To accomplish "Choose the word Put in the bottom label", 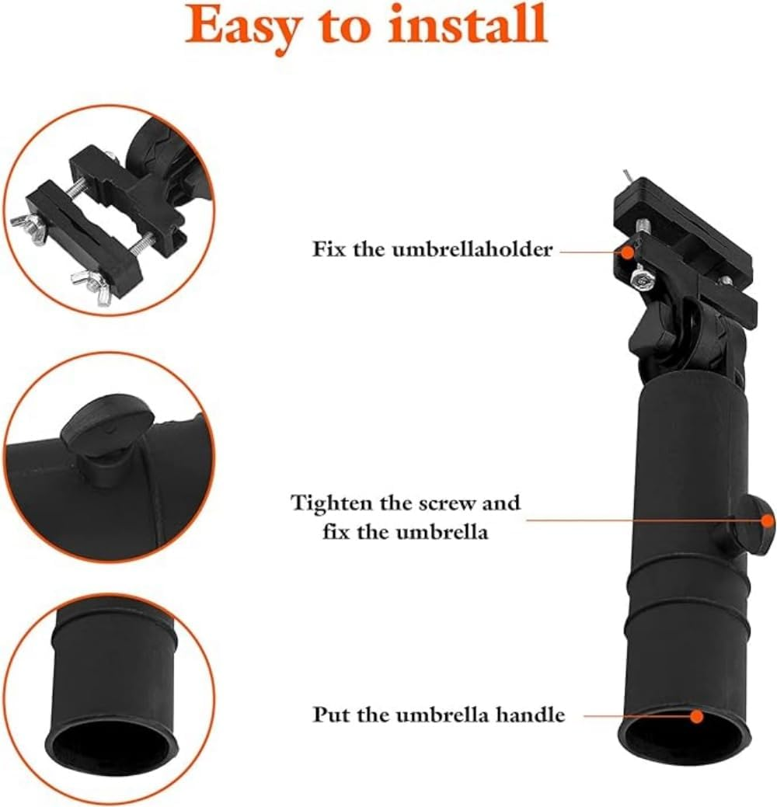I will (329, 715).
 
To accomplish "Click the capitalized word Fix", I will (327, 249).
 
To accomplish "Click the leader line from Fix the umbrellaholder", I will (591, 251).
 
